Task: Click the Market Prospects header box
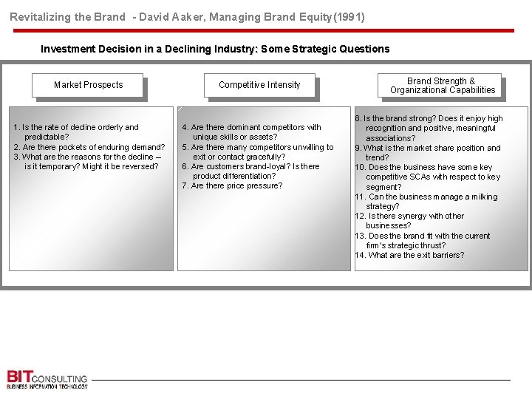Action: click(x=88, y=85)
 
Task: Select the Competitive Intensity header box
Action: click(x=259, y=85)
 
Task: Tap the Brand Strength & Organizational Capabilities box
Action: click(x=443, y=86)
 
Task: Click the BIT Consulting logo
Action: click(x=47, y=378)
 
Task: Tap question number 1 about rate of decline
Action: click(x=76, y=132)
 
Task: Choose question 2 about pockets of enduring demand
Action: click(x=89, y=147)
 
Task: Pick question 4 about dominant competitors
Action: click(x=252, y=132)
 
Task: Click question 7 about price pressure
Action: click(x=232, y=185)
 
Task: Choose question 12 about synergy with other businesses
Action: click(x=410, y=220)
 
